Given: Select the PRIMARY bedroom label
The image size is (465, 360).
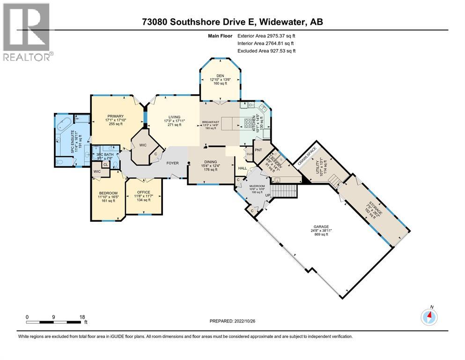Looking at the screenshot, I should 115,116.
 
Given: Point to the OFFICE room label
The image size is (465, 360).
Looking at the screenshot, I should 144,192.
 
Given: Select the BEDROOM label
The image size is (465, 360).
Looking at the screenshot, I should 108,193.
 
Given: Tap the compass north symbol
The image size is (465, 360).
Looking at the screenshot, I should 428,317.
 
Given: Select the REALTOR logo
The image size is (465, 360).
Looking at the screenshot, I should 27,32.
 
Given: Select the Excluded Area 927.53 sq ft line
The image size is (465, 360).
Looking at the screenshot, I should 267,51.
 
